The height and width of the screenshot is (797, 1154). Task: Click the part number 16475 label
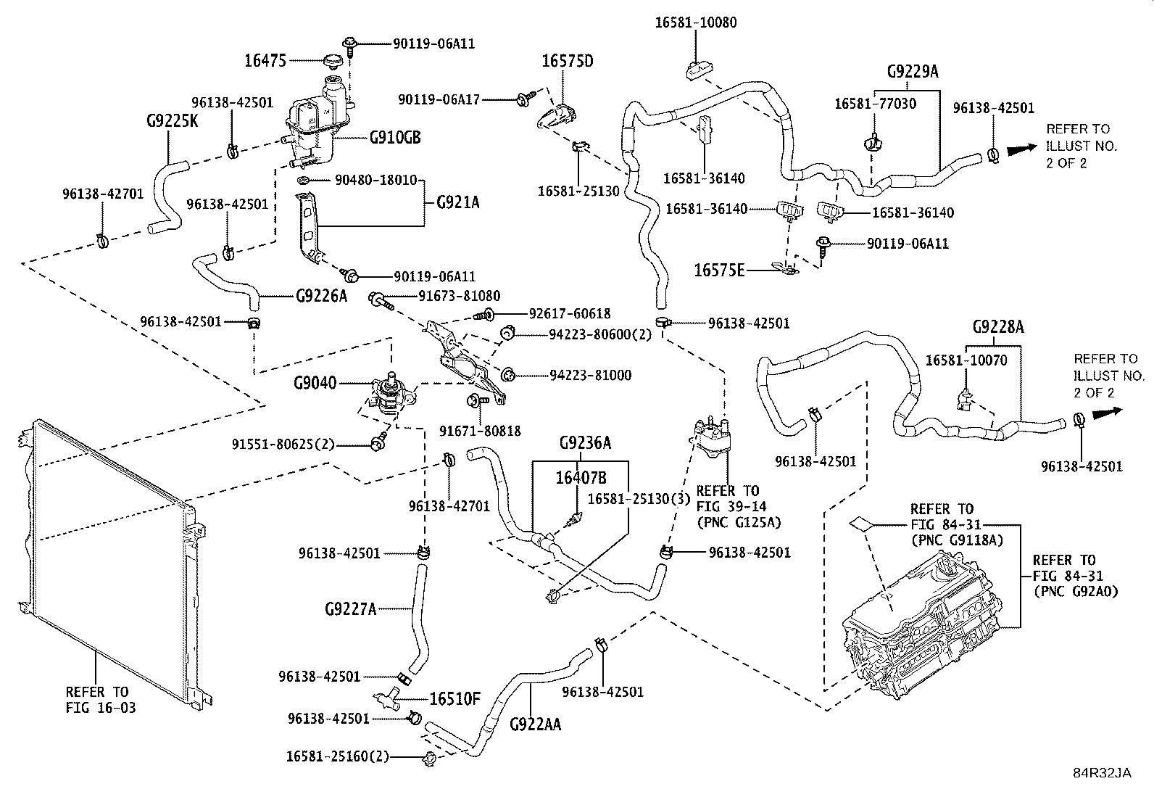[x=265, y=61]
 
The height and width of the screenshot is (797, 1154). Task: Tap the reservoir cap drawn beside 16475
[x=334, y=62]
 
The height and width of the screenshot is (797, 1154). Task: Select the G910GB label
[x=395, y=138]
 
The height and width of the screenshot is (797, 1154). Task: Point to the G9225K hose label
[x=172, y=121]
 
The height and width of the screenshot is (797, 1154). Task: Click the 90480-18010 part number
[x=376, y=180]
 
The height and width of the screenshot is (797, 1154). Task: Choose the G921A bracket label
[x=457, y=202]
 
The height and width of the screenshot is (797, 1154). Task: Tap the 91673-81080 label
[x=459, y=296]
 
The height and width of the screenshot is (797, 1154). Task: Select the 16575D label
[x=567, y=62]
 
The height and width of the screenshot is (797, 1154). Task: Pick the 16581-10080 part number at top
[x=695, y=22]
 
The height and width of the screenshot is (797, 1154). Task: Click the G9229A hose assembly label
[x=913, y=71]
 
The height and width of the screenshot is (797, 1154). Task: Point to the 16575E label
[x=719, y=270]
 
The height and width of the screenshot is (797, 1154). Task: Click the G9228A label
[x=998, y=327]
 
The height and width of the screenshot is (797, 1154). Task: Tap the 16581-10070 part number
[x=966, y=360]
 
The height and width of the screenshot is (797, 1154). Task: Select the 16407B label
[x=581, y=478]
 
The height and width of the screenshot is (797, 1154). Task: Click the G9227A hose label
[x=350, y=609]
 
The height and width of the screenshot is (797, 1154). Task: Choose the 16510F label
[x=454, y=699]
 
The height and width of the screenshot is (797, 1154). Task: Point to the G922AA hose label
[x=535, y=724]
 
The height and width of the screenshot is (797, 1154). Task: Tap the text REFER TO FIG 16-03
[x=101, y=700]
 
